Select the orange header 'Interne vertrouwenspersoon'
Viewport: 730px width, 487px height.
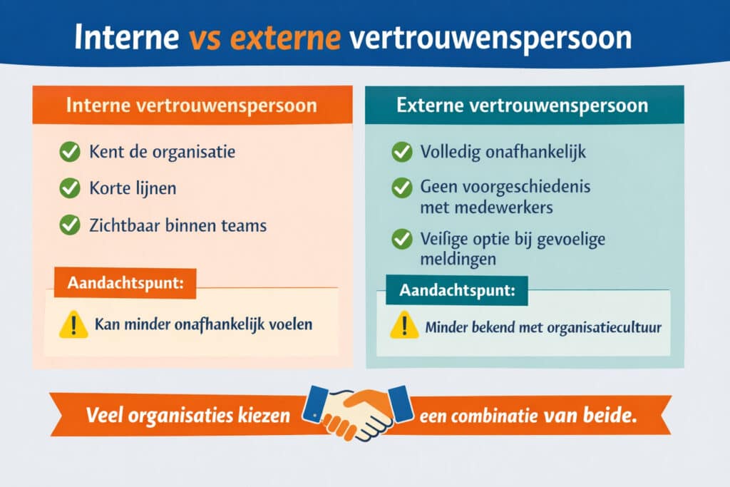(x=191, y=106)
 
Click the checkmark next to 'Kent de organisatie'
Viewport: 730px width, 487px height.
(x=69, y=152)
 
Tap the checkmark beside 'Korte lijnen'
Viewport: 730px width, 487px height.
(x=69, y=188)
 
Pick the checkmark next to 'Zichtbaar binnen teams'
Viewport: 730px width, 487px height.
(x=69, y=225)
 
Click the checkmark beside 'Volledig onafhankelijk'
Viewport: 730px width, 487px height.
(x=402, y=152)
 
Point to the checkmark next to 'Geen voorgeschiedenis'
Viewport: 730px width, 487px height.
(x=402, y=188)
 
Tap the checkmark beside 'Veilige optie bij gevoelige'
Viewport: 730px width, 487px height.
(x=402, y=239)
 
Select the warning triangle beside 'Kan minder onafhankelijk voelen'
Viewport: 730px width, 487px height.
(x=73, y=325)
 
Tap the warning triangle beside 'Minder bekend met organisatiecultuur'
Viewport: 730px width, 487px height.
(x=404, y=327)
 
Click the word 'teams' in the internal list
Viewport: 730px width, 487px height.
(x=243, y=226)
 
